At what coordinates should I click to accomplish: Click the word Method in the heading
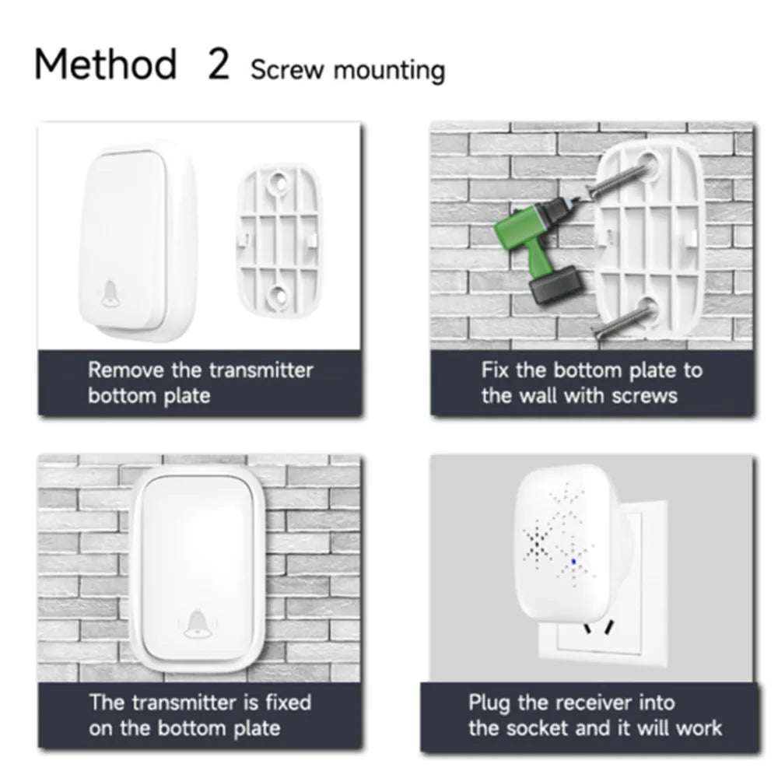[106, 64]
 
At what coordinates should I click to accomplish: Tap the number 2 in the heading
[219, 64]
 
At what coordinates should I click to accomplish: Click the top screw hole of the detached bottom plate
[279, 183]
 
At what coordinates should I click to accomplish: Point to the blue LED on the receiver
[574, 562]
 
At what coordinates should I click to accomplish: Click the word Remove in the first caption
[126, 370]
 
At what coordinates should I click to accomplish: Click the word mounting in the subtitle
[390, 71]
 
